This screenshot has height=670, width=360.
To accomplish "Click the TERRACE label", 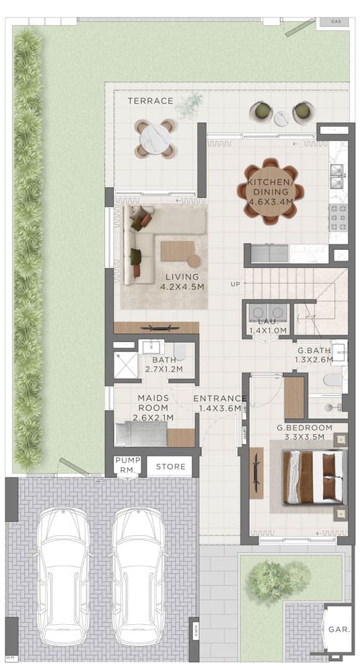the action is tap(150, 101).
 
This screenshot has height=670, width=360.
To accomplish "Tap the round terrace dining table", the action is tap(155, 139).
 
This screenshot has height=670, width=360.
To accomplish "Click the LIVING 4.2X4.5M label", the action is tap(182, 281).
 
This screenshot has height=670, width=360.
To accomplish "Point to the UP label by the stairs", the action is tap(236, 283).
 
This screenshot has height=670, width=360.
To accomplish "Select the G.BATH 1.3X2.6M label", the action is tap(314, 355).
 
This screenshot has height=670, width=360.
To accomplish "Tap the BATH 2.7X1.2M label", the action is tap(164, 364).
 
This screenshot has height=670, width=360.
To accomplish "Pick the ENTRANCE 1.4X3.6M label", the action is tap(220, 403).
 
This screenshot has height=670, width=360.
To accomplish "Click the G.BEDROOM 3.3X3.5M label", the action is tap(304, 432).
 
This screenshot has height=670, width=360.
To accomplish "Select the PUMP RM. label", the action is tap(128, 464).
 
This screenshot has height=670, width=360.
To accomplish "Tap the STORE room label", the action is tap(171, 467).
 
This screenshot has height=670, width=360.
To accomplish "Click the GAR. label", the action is tap(340, 630).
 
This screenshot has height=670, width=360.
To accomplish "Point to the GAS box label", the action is tap(336, 22).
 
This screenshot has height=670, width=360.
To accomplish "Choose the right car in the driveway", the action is tap(139, 577).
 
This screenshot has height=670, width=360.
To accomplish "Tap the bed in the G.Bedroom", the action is tap(314, 477).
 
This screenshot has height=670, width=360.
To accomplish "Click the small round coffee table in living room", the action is tap(194, 261).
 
